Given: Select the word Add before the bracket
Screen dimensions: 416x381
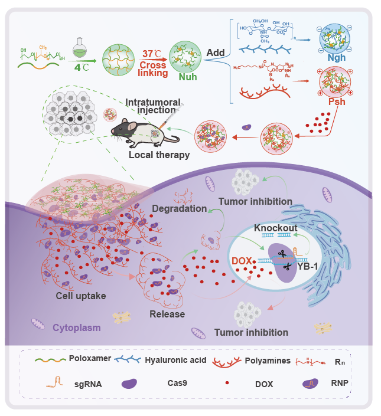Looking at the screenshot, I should coord(215,53).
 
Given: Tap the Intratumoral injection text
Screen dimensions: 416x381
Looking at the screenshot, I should coord(156,107).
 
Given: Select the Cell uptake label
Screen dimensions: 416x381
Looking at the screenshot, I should coord(81,296).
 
